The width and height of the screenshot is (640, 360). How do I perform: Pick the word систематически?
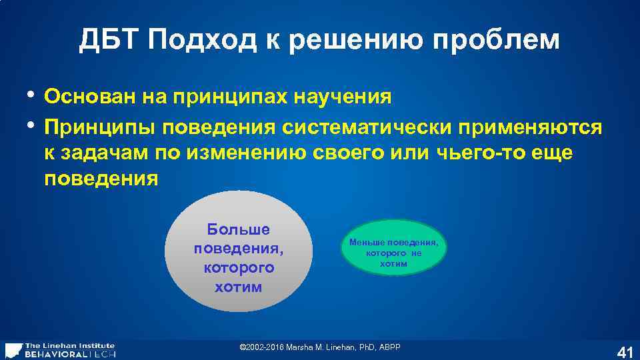pyautogui.click(x=371, y=126)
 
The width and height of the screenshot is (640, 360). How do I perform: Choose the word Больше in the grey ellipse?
pyautogui.click(x=238, y=229)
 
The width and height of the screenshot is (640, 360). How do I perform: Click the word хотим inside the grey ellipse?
pyautogui.click(x=238, y=287)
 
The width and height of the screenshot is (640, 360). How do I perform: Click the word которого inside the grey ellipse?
pyautogui.click(x=238, y=268)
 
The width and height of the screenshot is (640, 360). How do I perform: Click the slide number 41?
pyautogui.click(x=625, y=352)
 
